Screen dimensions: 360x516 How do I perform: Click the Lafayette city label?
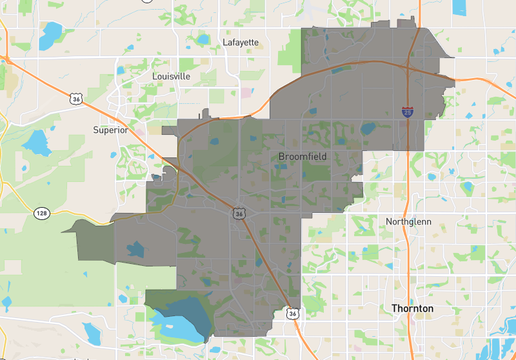coord(241,43)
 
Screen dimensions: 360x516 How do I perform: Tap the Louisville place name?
coord(172,76)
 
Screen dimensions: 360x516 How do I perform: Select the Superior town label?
coord(111,130)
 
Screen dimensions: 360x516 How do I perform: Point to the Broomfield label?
coord(303,157)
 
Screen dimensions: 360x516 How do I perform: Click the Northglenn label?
coord(408,221)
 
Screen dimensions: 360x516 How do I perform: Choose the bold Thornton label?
coord(413,308)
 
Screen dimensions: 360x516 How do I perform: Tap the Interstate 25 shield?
coord(408,112)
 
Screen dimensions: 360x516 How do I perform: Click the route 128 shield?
coord(42,212)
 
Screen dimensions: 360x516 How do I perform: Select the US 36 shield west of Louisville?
coord(76,99)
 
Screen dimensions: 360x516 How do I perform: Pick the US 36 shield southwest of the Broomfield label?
coord(239,213)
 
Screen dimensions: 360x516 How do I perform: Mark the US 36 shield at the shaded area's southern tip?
coord(292,313)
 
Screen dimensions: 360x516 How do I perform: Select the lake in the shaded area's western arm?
coord(136,249)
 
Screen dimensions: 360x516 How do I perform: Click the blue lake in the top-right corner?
coord(459,7)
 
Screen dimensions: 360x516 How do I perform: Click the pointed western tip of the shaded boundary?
coord(63,230)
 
